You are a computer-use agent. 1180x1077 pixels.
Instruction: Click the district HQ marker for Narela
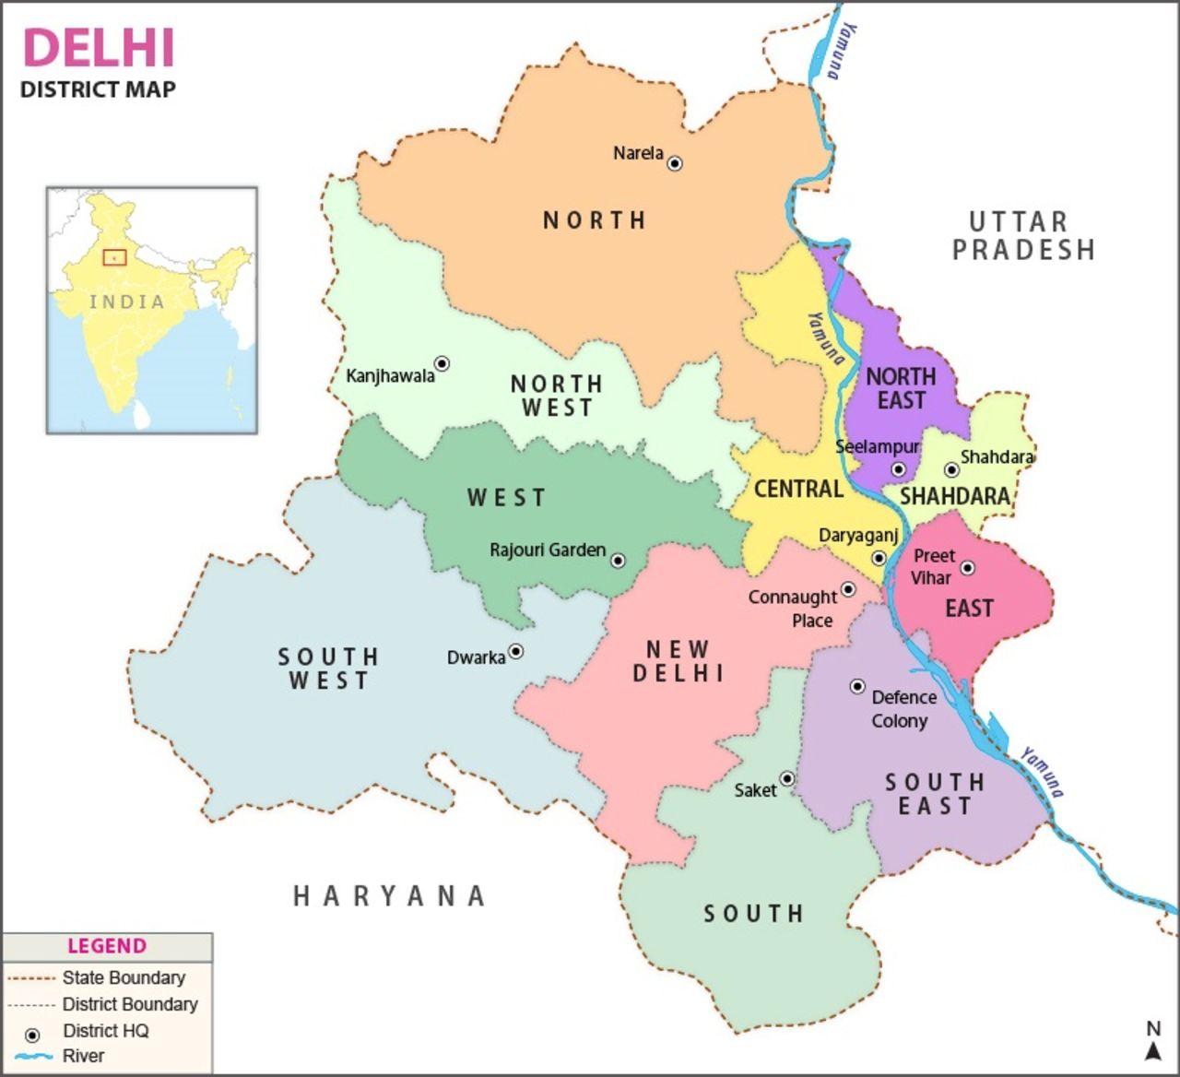tap(675, 163)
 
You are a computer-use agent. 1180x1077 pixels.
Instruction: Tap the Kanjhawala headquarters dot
tap(442, 363)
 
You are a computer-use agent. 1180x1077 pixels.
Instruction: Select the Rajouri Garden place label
tap(548, 550)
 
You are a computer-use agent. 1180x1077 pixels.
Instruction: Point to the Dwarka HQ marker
tap(516, 651)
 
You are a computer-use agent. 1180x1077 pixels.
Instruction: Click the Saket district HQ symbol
tap(787, 778)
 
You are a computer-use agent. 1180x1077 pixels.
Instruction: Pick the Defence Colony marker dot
tap(857, 686)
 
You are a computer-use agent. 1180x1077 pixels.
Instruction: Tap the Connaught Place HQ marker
tap(848, 589)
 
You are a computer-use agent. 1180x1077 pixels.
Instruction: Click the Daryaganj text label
tap(857, 536)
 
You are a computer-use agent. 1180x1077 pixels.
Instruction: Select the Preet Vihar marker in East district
tap(967, 568)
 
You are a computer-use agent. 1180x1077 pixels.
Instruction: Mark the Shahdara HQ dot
tap(951, 470)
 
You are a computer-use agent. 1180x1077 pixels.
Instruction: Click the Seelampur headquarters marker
tap(899, 469)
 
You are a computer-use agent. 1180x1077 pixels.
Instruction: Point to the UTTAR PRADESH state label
tap(1022, 236)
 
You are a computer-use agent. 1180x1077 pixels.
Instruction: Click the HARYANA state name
tap(389, 895)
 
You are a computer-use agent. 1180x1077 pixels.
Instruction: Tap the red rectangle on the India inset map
tap(114, 257)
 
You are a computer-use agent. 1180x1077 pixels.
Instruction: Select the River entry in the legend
tap(83, 1056)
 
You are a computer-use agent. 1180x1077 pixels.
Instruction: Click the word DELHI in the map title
tap(99, 48)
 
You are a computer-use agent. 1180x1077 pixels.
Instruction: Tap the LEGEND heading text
tap(106, 946)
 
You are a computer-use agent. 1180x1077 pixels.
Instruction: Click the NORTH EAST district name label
tap(901, 388)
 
